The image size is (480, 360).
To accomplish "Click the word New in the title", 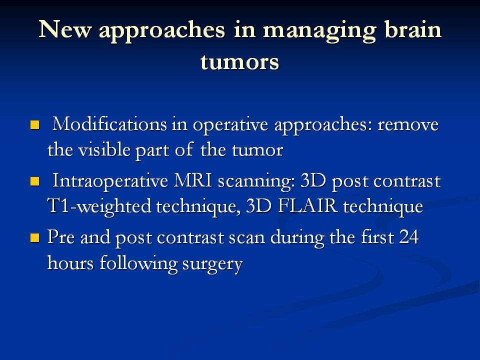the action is click(x=65, y=29).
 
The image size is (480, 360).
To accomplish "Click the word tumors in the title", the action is click(x=240, y=61).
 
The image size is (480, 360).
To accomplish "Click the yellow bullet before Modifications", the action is click(x=35, y=125).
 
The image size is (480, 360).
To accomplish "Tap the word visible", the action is click(x=104, y=149).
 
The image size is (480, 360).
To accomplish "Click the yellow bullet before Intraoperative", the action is click(x=35, y=181).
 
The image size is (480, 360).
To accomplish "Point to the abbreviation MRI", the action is click(x=193, y=180).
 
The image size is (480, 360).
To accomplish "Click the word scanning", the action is click(x=256, y=182).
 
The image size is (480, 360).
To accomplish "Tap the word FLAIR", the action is click(x=307, y=205).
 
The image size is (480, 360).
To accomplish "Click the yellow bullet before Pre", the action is click(x=35, y=237).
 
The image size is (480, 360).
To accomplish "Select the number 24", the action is click(x=408, y=236).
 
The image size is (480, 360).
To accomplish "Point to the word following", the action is click(x=138, y=264).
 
